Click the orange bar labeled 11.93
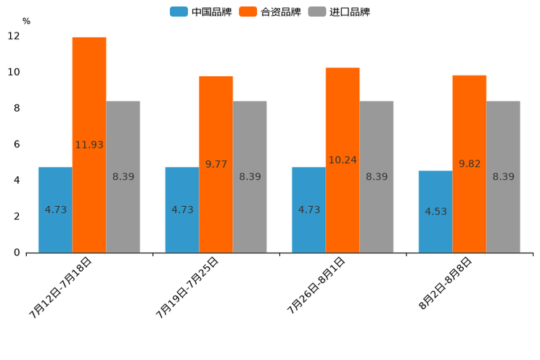(x=89, y=145)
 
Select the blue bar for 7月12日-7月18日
(x=55, y=210)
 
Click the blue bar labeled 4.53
(x=435, y=212)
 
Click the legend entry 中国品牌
(x=201, y=12)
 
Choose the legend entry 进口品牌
(x=340, y=12)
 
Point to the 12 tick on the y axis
(x=14, y=36)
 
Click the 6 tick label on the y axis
(x=17, y=144)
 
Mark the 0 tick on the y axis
(x=17, y=253)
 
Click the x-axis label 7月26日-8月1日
(x=316, y=285)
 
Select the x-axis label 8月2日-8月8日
(x=446, y=283)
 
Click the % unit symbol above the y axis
(x=26, y=21)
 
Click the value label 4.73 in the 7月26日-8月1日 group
(x=309, y=210)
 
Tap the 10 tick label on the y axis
(x=14, y=73)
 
